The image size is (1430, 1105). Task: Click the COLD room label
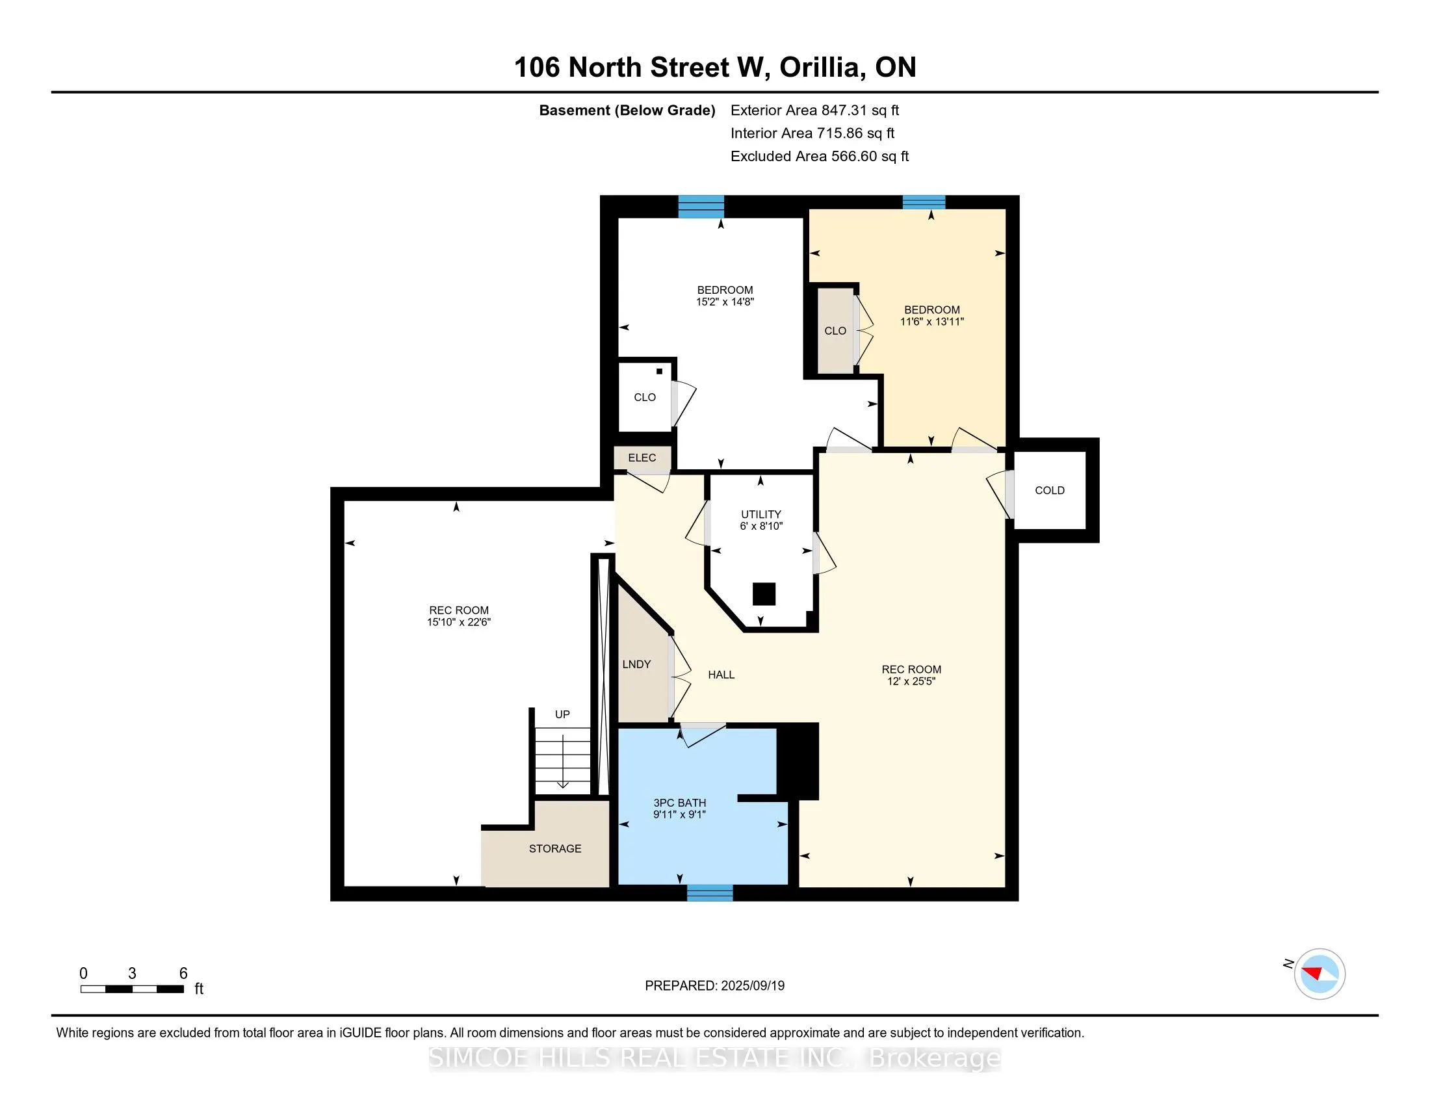(1049, 490)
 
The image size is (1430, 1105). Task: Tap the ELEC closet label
(642, 458)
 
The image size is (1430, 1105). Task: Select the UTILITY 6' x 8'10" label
(761, 520)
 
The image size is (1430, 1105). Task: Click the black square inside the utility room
(764, 593)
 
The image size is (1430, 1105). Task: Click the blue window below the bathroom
(710, 892)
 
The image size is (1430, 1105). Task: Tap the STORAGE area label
(554, 848)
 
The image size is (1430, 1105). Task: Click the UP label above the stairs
(562, 714)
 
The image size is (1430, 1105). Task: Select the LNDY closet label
(636, 664)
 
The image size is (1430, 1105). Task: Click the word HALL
(721, 674)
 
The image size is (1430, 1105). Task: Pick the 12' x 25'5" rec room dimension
(911, 681)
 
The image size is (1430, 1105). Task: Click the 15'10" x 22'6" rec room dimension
(458, 622)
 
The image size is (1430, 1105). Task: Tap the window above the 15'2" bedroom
(701, 206)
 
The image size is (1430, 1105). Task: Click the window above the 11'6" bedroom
(923, 202)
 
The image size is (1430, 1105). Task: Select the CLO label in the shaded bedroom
(835, 331)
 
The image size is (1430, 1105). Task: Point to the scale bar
(131, 989)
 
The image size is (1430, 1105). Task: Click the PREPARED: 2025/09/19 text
(714, 985)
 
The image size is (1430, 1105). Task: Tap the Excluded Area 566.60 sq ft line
(819, 156)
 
